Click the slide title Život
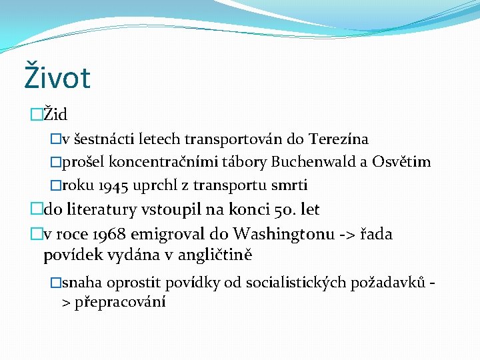pos(57,77)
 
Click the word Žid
pos(55,114)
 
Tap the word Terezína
pos(338,139)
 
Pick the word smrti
pos(289,185)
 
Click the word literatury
pos(101,209)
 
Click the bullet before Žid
pos(36,115)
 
